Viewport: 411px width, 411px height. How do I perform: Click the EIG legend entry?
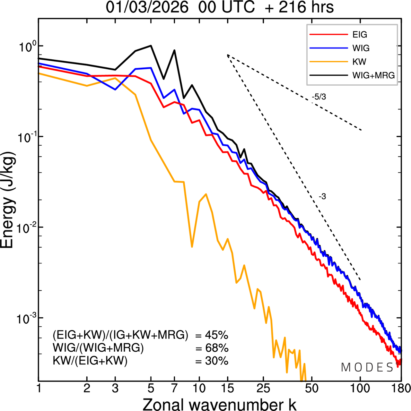click(360, 35)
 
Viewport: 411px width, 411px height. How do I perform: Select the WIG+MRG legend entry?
click(373, 75)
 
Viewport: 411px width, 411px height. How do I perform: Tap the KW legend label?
click(359, 62)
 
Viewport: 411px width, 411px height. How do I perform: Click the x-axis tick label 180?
click(401, 389)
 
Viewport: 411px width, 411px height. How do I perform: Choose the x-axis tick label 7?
click(174, 389)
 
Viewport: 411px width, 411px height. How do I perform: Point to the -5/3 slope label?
click(319, 97)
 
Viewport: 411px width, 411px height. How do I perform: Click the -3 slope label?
click(322, 197)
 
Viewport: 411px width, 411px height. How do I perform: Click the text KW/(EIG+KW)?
click(90, 361)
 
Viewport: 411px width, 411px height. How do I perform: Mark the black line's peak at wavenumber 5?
click(151, 46)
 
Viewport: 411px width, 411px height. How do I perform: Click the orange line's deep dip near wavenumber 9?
click(192, 247)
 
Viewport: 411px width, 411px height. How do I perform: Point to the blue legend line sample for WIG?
click(329, 48)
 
